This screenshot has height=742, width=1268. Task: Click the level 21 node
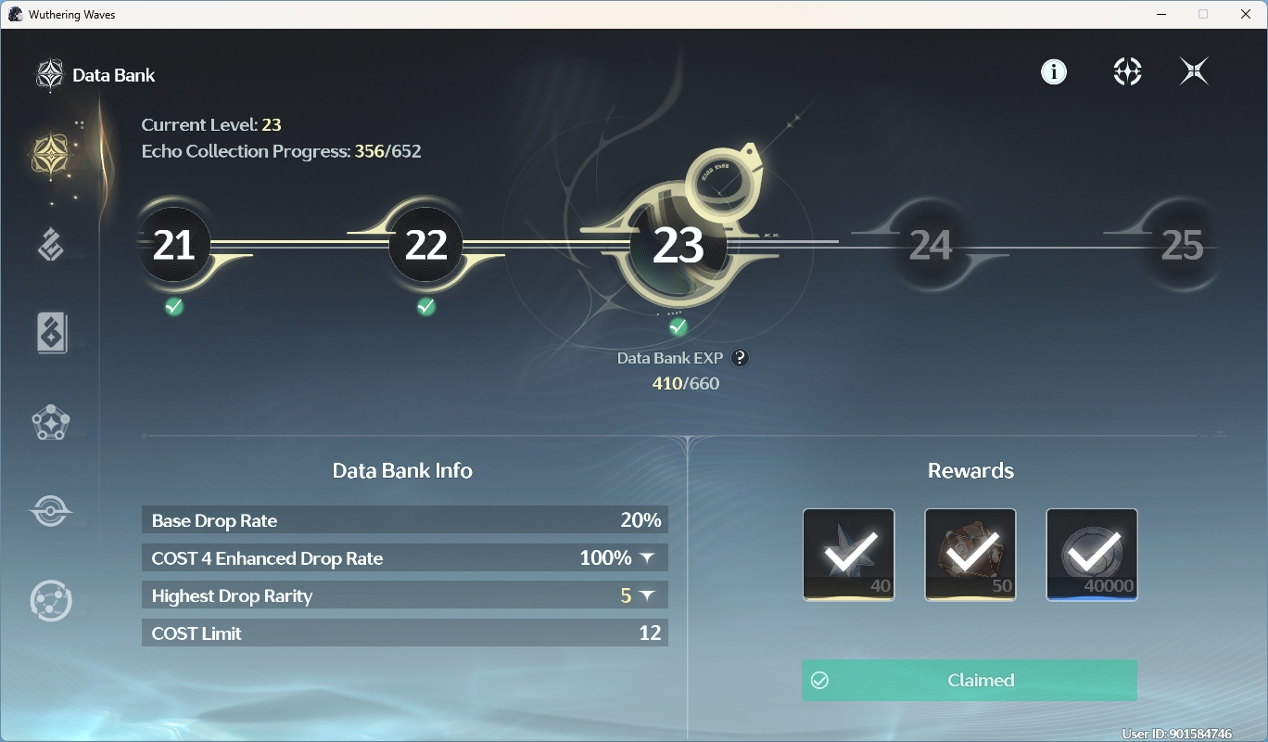pos(173,244)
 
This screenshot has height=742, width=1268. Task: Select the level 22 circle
pos(425,244)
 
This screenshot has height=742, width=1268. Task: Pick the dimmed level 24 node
pos(931,245)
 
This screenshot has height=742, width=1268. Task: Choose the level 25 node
pos(1182,245)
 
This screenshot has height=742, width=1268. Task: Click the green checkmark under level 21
pos(173,306)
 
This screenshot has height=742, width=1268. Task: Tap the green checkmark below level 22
pos(425,306)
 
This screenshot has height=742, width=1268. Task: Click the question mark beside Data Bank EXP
pos(740,358)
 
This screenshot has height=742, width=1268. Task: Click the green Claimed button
pos(970,680)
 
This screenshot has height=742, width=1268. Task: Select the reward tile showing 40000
pos(1091,555)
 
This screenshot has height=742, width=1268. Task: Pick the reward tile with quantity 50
pos(970,555)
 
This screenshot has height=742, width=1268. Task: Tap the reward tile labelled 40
pos(848,555)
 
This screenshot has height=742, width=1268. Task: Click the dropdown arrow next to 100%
pos(647,558)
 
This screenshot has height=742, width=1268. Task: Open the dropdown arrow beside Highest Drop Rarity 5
pos(647,595)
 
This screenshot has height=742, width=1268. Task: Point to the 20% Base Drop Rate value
pos(640,520)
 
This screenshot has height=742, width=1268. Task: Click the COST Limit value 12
pos(650,633)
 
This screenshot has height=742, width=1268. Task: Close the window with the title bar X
pos(1246,14)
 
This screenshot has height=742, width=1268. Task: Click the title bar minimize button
pos(1161,14)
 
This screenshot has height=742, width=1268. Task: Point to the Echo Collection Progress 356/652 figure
pos(387,151)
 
